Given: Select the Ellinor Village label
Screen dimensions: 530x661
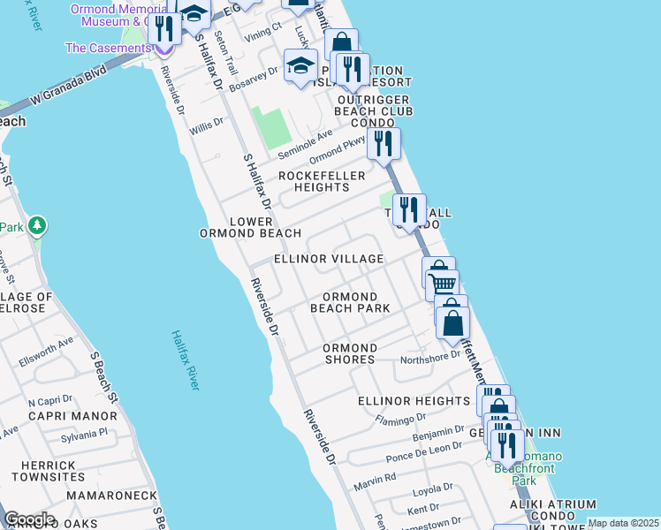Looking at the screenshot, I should coord(329,259).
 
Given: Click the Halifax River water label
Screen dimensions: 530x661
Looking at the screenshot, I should coord(186,360).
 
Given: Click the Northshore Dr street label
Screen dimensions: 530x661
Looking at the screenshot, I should coord(430,358).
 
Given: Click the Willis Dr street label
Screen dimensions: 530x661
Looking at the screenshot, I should coord(206,124).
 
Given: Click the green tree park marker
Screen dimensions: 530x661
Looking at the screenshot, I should coord(36,227).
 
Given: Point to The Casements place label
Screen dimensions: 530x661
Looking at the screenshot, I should coord(106,48).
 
